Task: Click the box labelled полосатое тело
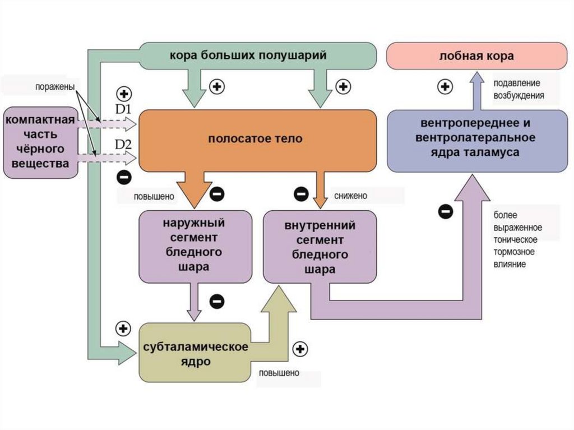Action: [x=257, y=140]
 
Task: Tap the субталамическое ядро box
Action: [x=195, y=353]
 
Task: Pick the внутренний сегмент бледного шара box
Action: [x=320, y=247]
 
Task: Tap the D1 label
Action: [x=123, y=108]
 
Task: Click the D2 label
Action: [x=123, y=145]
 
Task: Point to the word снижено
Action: [x=350, y=196]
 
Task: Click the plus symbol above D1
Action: [x=123, y=93]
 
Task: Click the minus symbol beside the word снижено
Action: [x=300, y=194]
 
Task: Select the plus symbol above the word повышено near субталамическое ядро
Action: [x=301, y=349]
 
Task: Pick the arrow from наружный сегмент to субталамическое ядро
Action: [x=195, y=301]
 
